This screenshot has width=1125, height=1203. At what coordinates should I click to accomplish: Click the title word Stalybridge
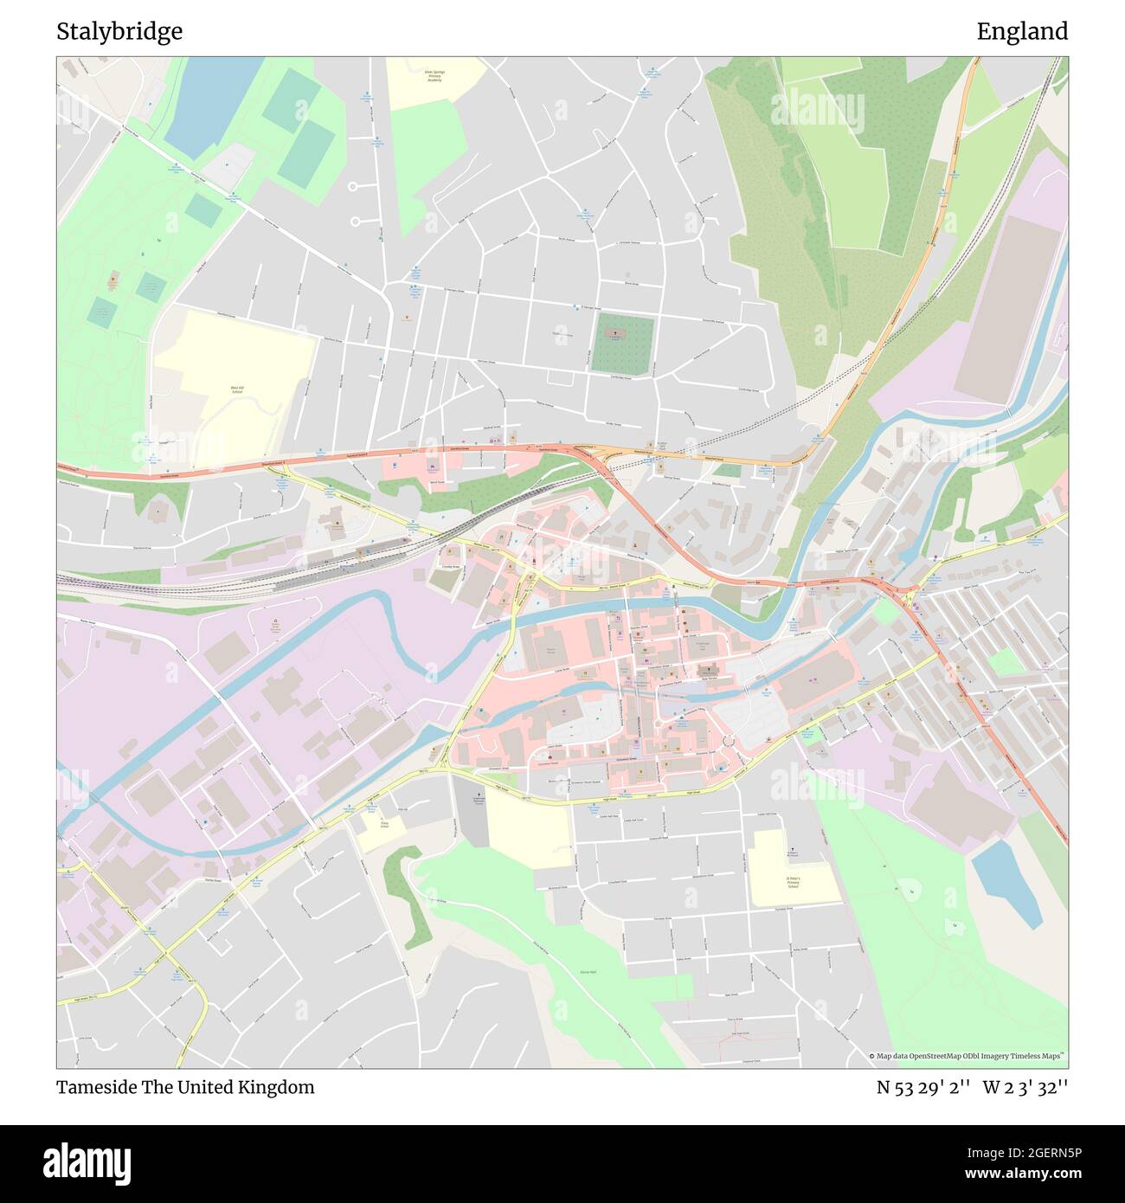119,32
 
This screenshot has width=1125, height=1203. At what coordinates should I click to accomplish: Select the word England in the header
1022,32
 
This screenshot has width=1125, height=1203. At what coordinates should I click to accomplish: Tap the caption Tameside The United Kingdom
185,1087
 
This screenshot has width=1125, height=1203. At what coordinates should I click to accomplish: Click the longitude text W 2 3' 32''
1025,1087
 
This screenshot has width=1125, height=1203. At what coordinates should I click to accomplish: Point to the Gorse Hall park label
588,972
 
